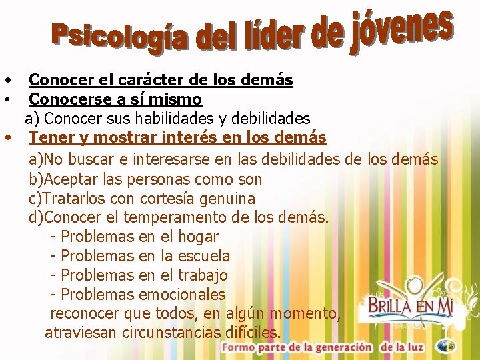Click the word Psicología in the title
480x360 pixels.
124,39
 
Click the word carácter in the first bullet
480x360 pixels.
146,80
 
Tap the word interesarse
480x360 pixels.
171,159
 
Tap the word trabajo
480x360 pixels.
203,275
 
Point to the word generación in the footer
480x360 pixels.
339,347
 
